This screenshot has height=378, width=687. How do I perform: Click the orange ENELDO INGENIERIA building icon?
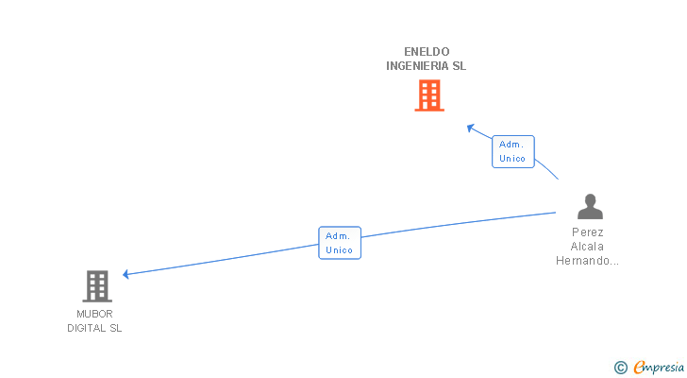click(x=429, y=95)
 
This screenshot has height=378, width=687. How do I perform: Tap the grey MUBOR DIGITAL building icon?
click(x=96, y=285)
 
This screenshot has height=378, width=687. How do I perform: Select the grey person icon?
click(x=590, y=207)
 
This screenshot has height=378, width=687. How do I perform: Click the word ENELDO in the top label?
click(x=427, y=51)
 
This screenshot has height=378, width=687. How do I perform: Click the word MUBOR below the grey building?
click(x=94, y=313)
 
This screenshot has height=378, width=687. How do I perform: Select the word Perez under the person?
click(x=588, y=232)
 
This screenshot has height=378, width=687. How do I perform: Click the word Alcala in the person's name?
click(x=588, y=246)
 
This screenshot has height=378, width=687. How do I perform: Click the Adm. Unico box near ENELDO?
click(x=512, y=151)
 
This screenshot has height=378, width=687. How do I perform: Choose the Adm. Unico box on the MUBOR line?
click(x=340, y=243)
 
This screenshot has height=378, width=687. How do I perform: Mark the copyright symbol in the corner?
click(x=620, y=367)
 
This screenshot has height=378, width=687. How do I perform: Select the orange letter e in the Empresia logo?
click(x=639, y=367)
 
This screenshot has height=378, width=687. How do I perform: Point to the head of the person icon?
click(x=590, y=199)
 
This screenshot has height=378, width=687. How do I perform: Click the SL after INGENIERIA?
click(x=459, y=66)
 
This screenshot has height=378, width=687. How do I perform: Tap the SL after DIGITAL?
click(x=114, y=328)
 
